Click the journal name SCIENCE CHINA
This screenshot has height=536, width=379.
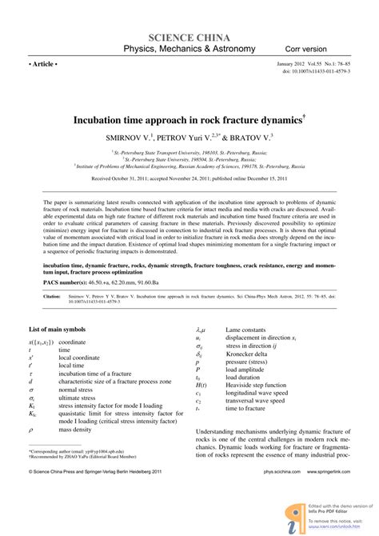[189, 37]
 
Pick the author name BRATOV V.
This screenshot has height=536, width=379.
[246, 138]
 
